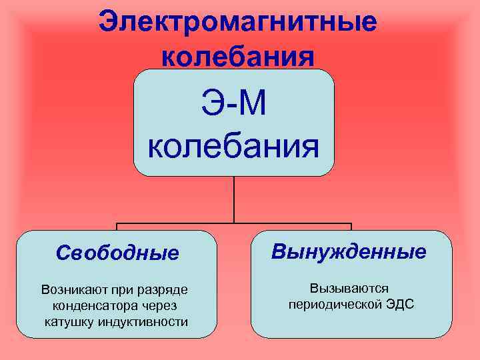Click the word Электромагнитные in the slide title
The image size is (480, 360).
pos(237,22)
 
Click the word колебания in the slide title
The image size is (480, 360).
pos(237,56)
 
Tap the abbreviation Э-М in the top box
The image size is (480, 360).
pos(233,105)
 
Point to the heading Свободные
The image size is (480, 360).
pos(117,253)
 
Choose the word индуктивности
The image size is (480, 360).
pos(143,322)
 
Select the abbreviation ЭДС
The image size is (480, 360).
pos(399,304)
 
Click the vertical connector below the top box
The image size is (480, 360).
pos(233,199)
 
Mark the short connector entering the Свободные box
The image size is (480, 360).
pos(117,227)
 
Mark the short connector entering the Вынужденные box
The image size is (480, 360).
pos(351,227)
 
